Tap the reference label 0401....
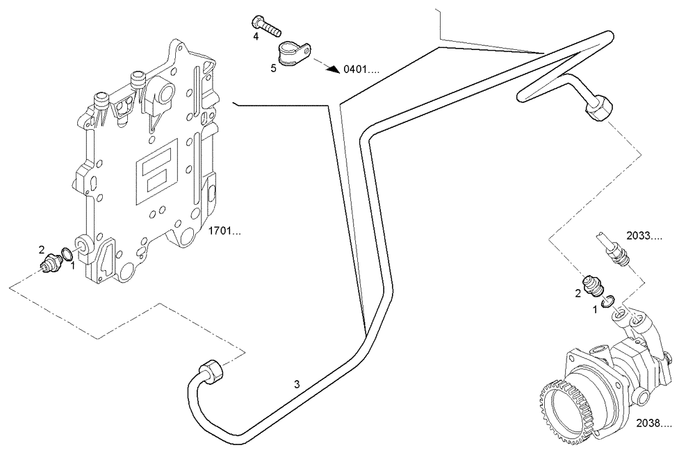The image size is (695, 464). point(361,69)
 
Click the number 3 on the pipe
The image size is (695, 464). point(297,384)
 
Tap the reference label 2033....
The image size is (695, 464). point(644,236)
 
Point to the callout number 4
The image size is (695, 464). point(256,36)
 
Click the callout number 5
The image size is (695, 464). point(273,68)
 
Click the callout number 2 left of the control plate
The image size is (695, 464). point(42,249)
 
